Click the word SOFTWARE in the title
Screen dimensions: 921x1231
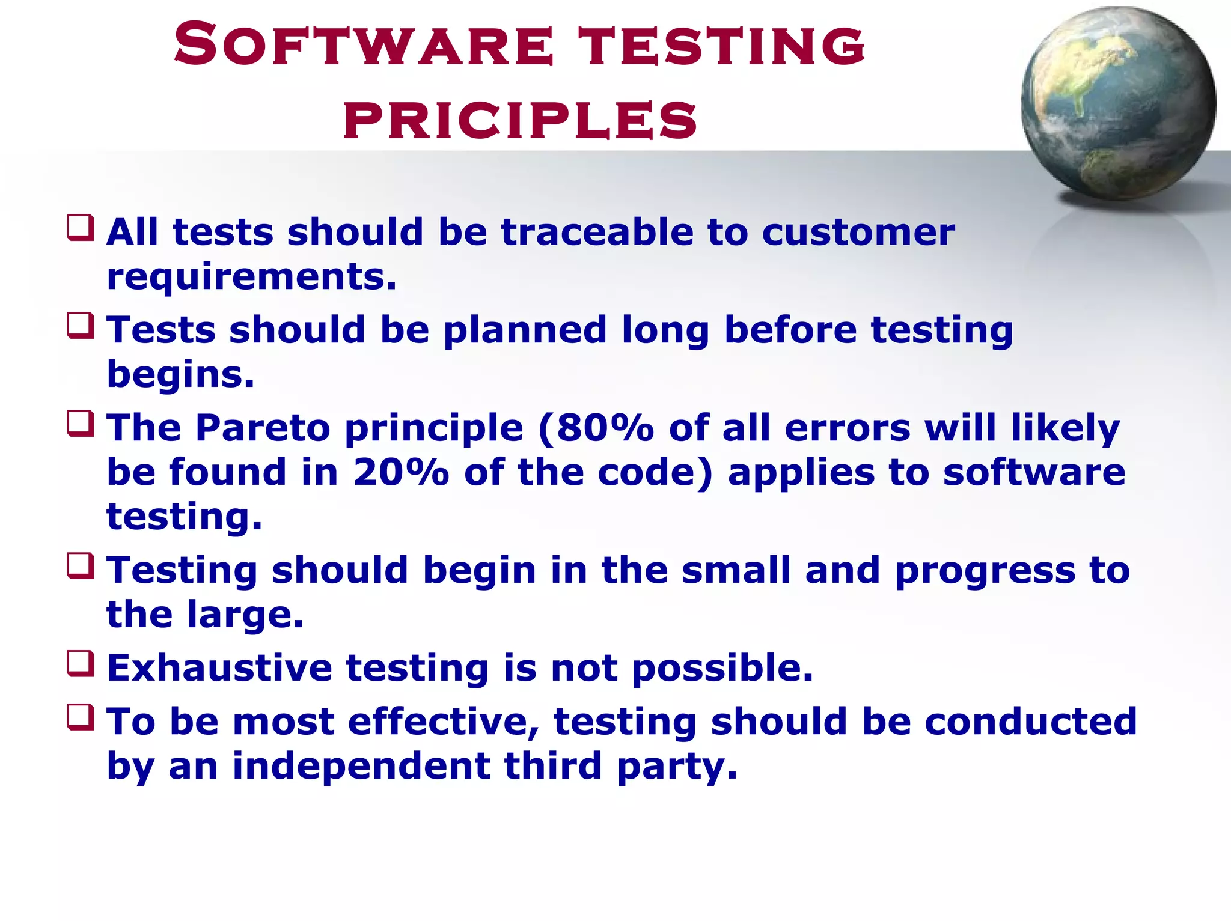(363, 45)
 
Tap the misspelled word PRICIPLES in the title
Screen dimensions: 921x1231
(520, 120)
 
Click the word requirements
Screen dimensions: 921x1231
(251, 278)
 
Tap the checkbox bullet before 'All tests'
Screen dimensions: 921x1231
(81, 228)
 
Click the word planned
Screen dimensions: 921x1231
(525, 331)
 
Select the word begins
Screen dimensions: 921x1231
(180, 375)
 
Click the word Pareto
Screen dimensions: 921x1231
(263, 428)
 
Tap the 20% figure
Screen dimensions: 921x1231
(400, 472)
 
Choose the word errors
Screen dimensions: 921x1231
(848, 428)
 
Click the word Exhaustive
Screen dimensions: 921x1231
(219, 668)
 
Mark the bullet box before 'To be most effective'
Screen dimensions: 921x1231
(81, 717)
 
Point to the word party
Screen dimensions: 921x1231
(677, 768)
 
